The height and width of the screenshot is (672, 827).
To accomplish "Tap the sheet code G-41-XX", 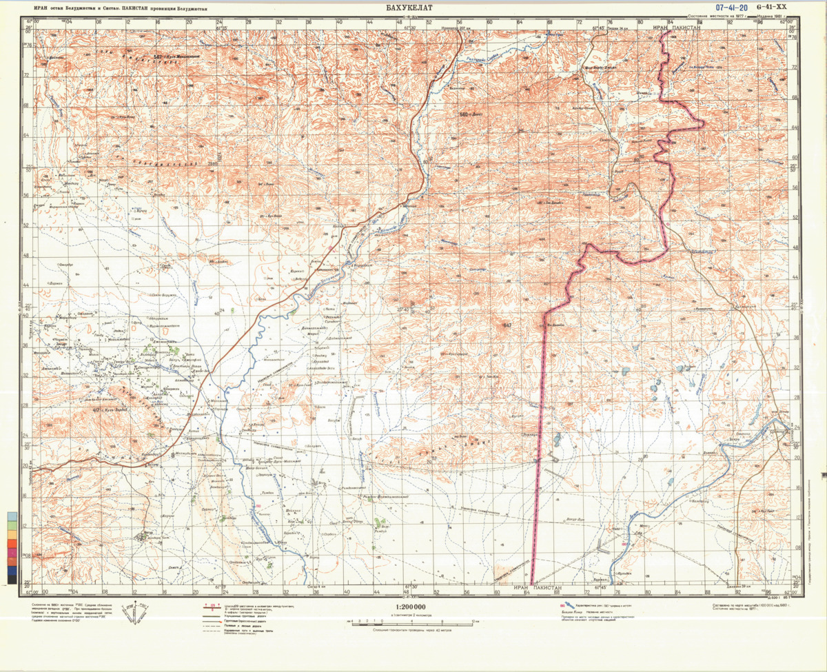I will (770, 7).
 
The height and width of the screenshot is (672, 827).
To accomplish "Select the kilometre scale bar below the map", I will (412, 622).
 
